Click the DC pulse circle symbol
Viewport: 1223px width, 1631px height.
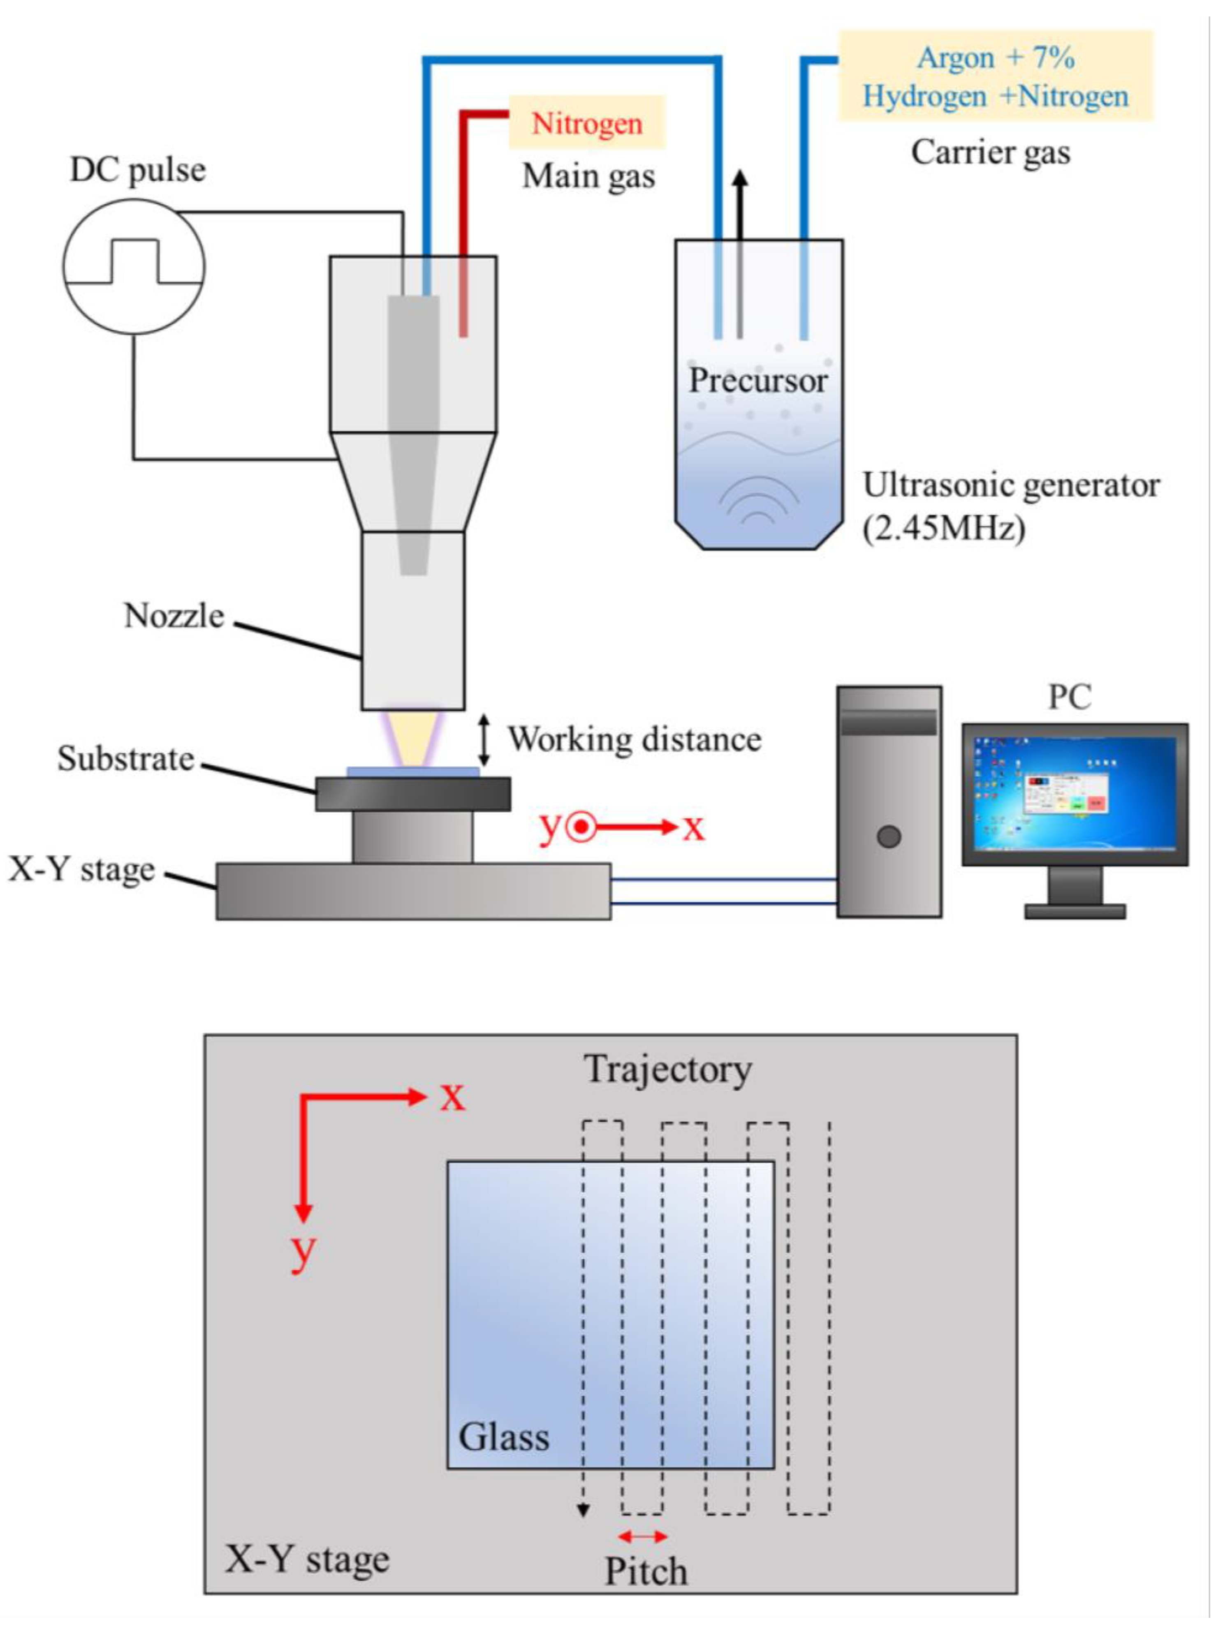coord(134,266)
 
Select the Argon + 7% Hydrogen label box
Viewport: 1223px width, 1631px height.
coord(995,76)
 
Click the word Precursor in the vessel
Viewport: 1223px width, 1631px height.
coord(757,381)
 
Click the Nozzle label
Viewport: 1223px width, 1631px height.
coord(174,616)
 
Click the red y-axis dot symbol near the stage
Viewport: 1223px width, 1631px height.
coord(581,827)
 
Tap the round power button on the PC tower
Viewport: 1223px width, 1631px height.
coord(889,837)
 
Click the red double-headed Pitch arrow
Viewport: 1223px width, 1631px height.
coord(642,1536)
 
